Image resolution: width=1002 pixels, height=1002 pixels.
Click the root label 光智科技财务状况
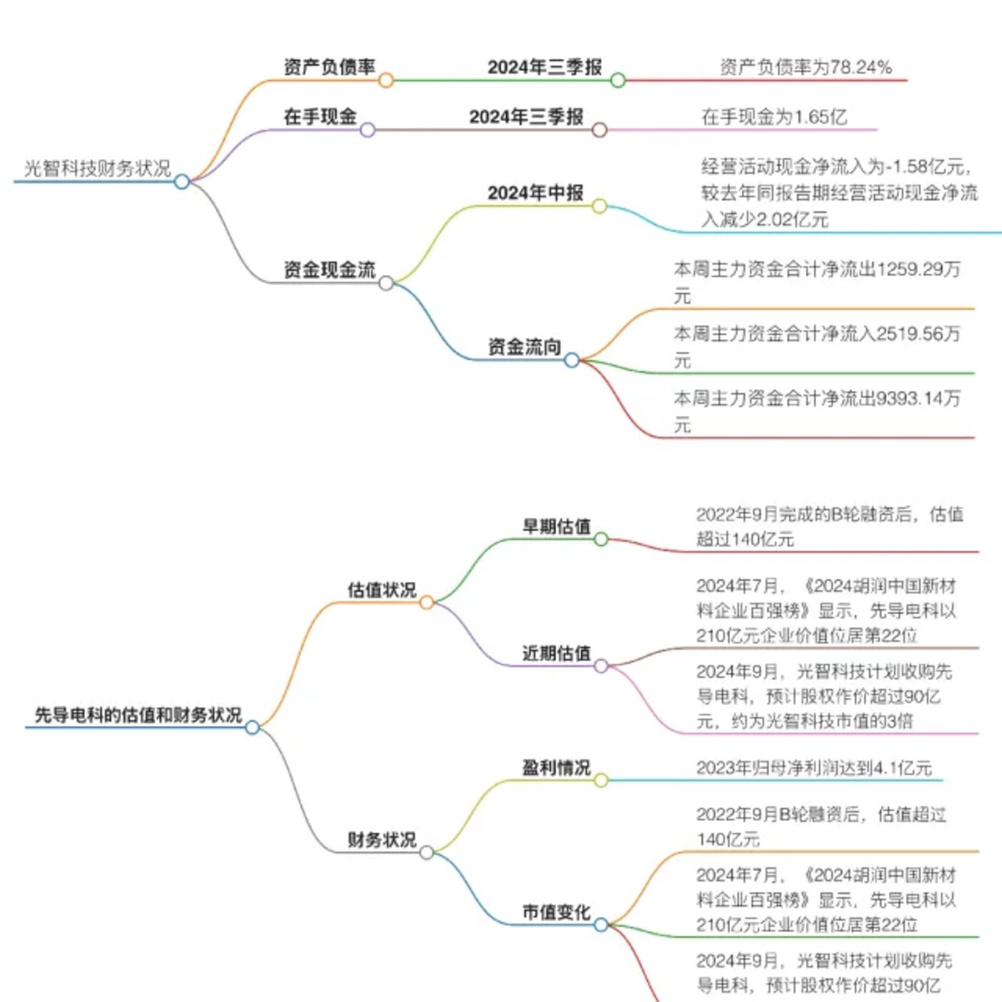tap(98, 168)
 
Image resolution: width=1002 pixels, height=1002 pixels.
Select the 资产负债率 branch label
tap(330, 67)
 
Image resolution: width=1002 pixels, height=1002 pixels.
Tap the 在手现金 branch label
tap(321, 117)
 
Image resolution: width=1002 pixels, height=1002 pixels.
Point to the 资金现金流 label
tap(330, 269)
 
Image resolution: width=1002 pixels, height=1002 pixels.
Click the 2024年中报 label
tap(535, 193)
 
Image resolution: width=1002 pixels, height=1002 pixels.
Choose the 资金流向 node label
tap(524, 346)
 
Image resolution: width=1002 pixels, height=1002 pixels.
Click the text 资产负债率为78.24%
tap(806, 67)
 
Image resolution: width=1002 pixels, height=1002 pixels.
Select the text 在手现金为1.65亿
tap(774, 117)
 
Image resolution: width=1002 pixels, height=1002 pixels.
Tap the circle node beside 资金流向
tap(571, 360)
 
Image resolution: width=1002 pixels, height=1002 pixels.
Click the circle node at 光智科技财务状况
tap(182, 182)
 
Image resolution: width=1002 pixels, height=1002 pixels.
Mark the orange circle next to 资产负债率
tap(386, 80)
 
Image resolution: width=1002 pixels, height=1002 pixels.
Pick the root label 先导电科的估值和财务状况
tap(138, 714)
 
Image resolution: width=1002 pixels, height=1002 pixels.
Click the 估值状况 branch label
tap(382, 590)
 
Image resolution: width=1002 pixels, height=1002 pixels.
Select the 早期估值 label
tap(556, 526)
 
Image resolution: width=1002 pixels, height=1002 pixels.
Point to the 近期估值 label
tap(556, 653)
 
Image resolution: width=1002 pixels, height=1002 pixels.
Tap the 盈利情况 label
tap(556, 767)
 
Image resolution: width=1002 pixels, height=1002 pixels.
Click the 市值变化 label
tap(556, 912)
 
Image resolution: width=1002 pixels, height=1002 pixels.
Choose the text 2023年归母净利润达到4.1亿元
tap(814, 767)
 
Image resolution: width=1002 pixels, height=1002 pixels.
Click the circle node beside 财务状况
tap(427, 852)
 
